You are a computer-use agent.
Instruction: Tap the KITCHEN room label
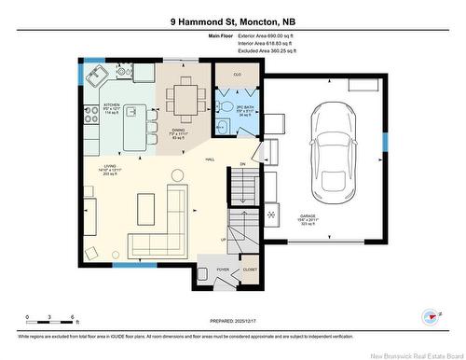click(x=112, y=105)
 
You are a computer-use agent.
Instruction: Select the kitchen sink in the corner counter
click(x=96, y=78)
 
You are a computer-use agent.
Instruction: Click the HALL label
click(x=211, y=159)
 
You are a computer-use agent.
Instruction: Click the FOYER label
click(x=223, y=270)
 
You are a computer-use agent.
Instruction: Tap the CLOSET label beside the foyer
click(x=249, y=270)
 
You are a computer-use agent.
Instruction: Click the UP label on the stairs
click(x=223, y=239)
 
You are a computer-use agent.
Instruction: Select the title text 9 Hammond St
click(x=204, y=20)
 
